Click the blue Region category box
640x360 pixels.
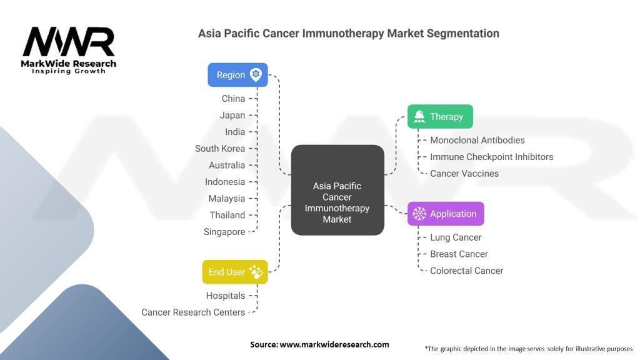[237, 75]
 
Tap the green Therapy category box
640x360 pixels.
[440, 117]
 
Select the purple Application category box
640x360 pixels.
[446, 214]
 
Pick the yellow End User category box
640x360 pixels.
[235, 272]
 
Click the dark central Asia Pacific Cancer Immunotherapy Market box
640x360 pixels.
[337, 191]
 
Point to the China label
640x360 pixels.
[233, 99]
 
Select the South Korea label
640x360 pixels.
[220, 149]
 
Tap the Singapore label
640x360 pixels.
[224, 232]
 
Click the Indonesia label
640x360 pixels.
[225, 182]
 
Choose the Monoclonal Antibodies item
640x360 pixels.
[477, 140]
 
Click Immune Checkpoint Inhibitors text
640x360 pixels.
[491, 157]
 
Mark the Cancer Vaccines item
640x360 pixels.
[464, 174]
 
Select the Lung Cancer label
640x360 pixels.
[456, 237]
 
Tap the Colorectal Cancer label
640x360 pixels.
[466, 271]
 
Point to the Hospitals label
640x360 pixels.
[226, 296]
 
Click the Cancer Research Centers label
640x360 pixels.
[193, 312]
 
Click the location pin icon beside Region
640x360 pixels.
[256, 75]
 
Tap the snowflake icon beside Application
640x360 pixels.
[419, 214]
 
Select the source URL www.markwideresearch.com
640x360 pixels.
[334, 344]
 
